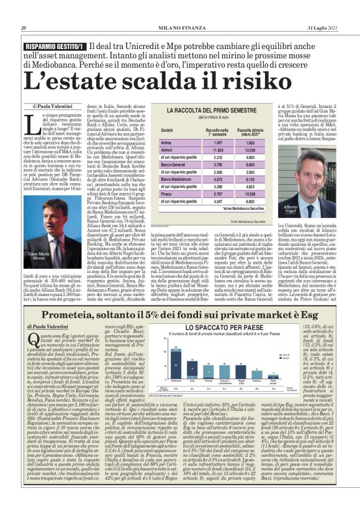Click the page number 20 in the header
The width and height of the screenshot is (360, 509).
pyautogui.click(x=24, y=28)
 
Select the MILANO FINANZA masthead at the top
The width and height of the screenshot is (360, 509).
pyautogui.click(x=180, y=28)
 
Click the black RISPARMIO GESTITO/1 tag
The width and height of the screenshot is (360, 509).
pyautogui.click(x=54, y=47)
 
